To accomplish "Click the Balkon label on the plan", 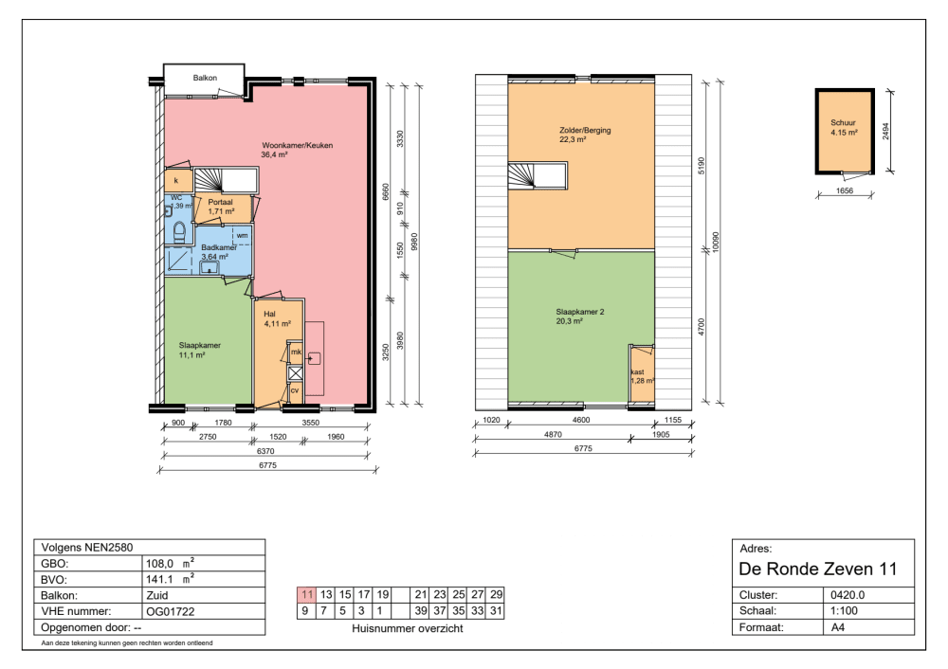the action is pos(205,78).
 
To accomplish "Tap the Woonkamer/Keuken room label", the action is pos(297,146).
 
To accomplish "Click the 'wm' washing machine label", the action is pos(242,236).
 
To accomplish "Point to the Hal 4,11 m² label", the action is pos(277,319).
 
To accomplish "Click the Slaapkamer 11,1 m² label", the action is pos(199,351).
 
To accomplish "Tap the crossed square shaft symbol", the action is pos(295,374).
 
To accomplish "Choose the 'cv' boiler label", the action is pos(295,391).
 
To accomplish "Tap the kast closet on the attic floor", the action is pos(642,373).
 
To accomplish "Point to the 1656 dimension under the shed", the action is pos(845,191).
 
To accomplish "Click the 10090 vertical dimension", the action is pos(716,242).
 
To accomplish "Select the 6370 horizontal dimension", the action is pos(265,451).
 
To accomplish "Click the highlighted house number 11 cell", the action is pos(307,595).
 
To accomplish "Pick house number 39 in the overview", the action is pos(421,611).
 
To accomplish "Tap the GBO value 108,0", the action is pos(159,564).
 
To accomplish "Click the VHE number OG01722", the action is pos(171,611).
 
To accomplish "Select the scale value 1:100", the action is pos(844,611).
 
